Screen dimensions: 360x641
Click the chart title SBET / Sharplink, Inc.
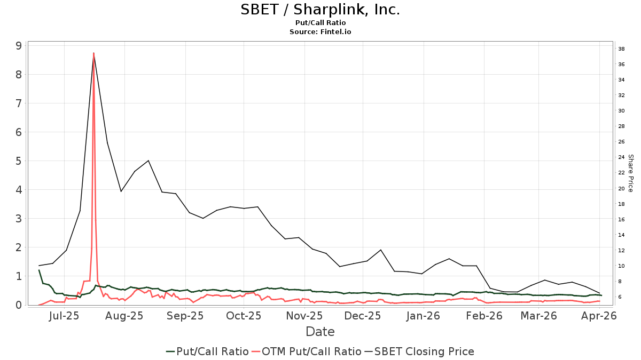pos(320,10)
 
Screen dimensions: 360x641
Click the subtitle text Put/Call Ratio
pos(320,23)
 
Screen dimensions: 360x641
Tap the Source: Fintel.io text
pos(320,32)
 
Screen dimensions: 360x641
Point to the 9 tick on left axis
pos(19,46)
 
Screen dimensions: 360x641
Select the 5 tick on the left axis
pos(19,161)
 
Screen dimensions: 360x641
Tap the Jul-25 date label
pos(64,316)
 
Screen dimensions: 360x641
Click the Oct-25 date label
pos(243,316)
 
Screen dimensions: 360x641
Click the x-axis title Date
pos(320,332)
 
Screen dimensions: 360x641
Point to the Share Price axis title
pos(630,173)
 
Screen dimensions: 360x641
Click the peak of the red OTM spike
pos(93,53)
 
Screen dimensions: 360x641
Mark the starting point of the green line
pos(39,270)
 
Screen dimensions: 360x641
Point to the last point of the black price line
pos(600,293)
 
